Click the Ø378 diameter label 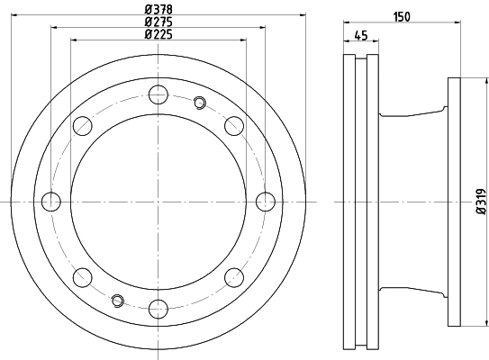coord(158,10)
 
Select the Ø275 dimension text coord(158,22)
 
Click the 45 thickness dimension coord(361,35)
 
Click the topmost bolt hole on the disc coord(158,92)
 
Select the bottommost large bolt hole coord(158,307)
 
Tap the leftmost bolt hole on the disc coord(51,199)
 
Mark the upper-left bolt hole coord(82,123)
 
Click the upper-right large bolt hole coord(233,123)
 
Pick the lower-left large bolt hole coord(82,275)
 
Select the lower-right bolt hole coord(233,275)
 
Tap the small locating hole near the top coord(200,102)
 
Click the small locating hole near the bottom coord(116,298)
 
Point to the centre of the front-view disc coord(158,199)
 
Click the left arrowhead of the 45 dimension coord(347,40)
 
